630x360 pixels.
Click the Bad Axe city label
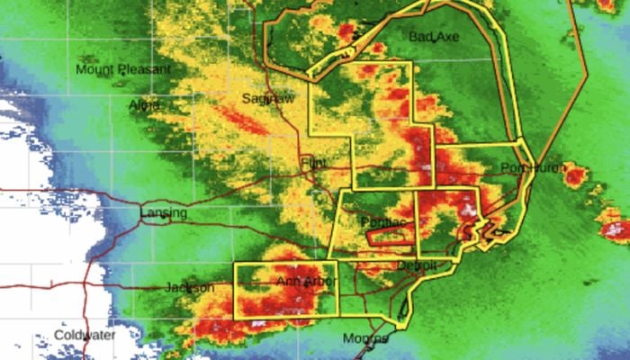433,37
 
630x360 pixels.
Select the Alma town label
144,104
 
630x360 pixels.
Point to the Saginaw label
268,98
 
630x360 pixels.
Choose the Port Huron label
525,168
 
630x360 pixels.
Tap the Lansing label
164,213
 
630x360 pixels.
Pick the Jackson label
189,287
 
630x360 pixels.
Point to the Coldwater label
85,335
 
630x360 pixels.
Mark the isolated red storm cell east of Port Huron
575,174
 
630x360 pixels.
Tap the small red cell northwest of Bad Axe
346,32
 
